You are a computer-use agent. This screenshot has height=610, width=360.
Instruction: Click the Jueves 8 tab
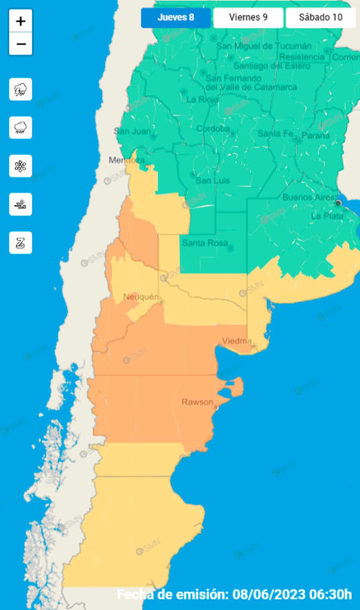pyautogui.click(x=176, y=18)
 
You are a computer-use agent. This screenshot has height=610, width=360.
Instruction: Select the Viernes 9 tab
pyautogui.click(x=248, y=18)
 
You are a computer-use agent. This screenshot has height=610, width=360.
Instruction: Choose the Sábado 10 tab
pyautogui.click(x=320, y=18)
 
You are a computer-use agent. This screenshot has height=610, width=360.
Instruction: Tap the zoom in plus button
pyautogui.click(x=21, y=21)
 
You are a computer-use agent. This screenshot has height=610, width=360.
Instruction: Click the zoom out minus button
pyautogui.click(x=21, y=44)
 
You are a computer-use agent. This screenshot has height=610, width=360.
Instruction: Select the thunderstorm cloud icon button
pyautogui.click(x=21, y=89)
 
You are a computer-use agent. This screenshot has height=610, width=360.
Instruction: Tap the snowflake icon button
pyautogui.click(x=21, y=166)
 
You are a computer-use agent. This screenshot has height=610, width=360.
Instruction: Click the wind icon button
pyautogui.click(x=21, y=205)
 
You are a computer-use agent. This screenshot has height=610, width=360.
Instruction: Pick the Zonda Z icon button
pyautogui.click(x=21, y=243)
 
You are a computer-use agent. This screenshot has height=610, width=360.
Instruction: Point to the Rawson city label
pyautogui.click(x=197, y=402)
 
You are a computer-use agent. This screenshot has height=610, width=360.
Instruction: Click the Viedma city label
pyautogui.click(x=236, y=341)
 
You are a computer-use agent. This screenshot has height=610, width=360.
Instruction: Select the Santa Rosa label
pyautogui.click(x=205, y=243)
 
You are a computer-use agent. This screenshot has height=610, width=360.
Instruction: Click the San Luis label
pyautogui.click(x=213, y=181)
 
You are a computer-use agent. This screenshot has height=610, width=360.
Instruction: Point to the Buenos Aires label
pyautogui.click(x=308, y=197)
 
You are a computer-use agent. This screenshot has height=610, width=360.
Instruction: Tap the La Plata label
pyautogui.click(x=327, y=216)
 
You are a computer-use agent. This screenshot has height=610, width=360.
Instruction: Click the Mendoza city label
pyautogui.click(x=126, y=160)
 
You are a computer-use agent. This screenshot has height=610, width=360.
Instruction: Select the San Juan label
pyautogui.click(x=132, y=131)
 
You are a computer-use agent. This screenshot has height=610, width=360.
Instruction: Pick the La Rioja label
pyautogui.click(x=202, y=99)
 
